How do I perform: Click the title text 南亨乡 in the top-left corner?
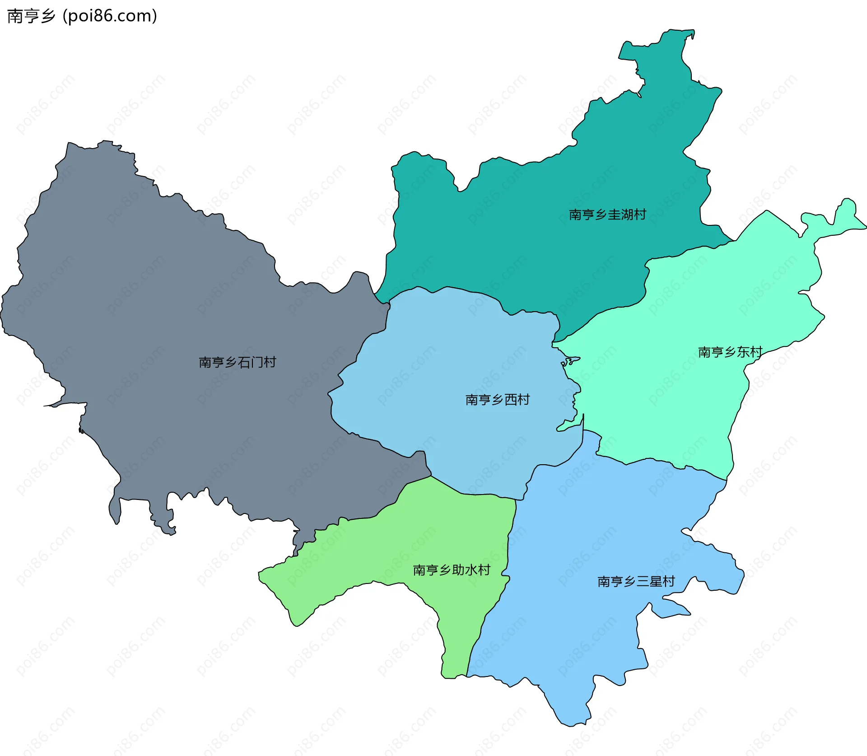pos(31,16)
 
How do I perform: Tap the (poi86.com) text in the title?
pos(110,16)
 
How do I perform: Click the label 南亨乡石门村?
pos(237,362)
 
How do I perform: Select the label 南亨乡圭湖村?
pos(607,215)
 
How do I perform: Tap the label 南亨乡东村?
pos(730,352)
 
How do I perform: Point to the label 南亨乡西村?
pos(497,400)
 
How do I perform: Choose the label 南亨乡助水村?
pos(451,570)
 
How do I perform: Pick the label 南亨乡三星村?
pos(636,581)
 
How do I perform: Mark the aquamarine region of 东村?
pos(677,406)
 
